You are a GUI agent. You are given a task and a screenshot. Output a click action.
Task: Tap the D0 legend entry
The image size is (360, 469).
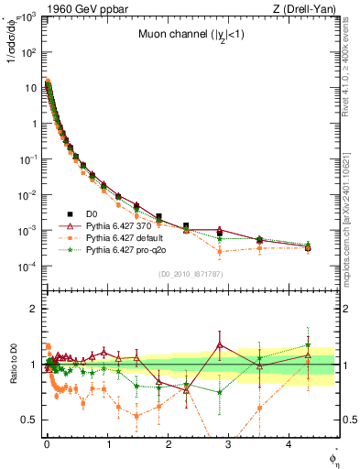(94, 213)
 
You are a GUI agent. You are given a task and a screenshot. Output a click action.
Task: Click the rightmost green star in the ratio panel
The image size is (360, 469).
(308, 345)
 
